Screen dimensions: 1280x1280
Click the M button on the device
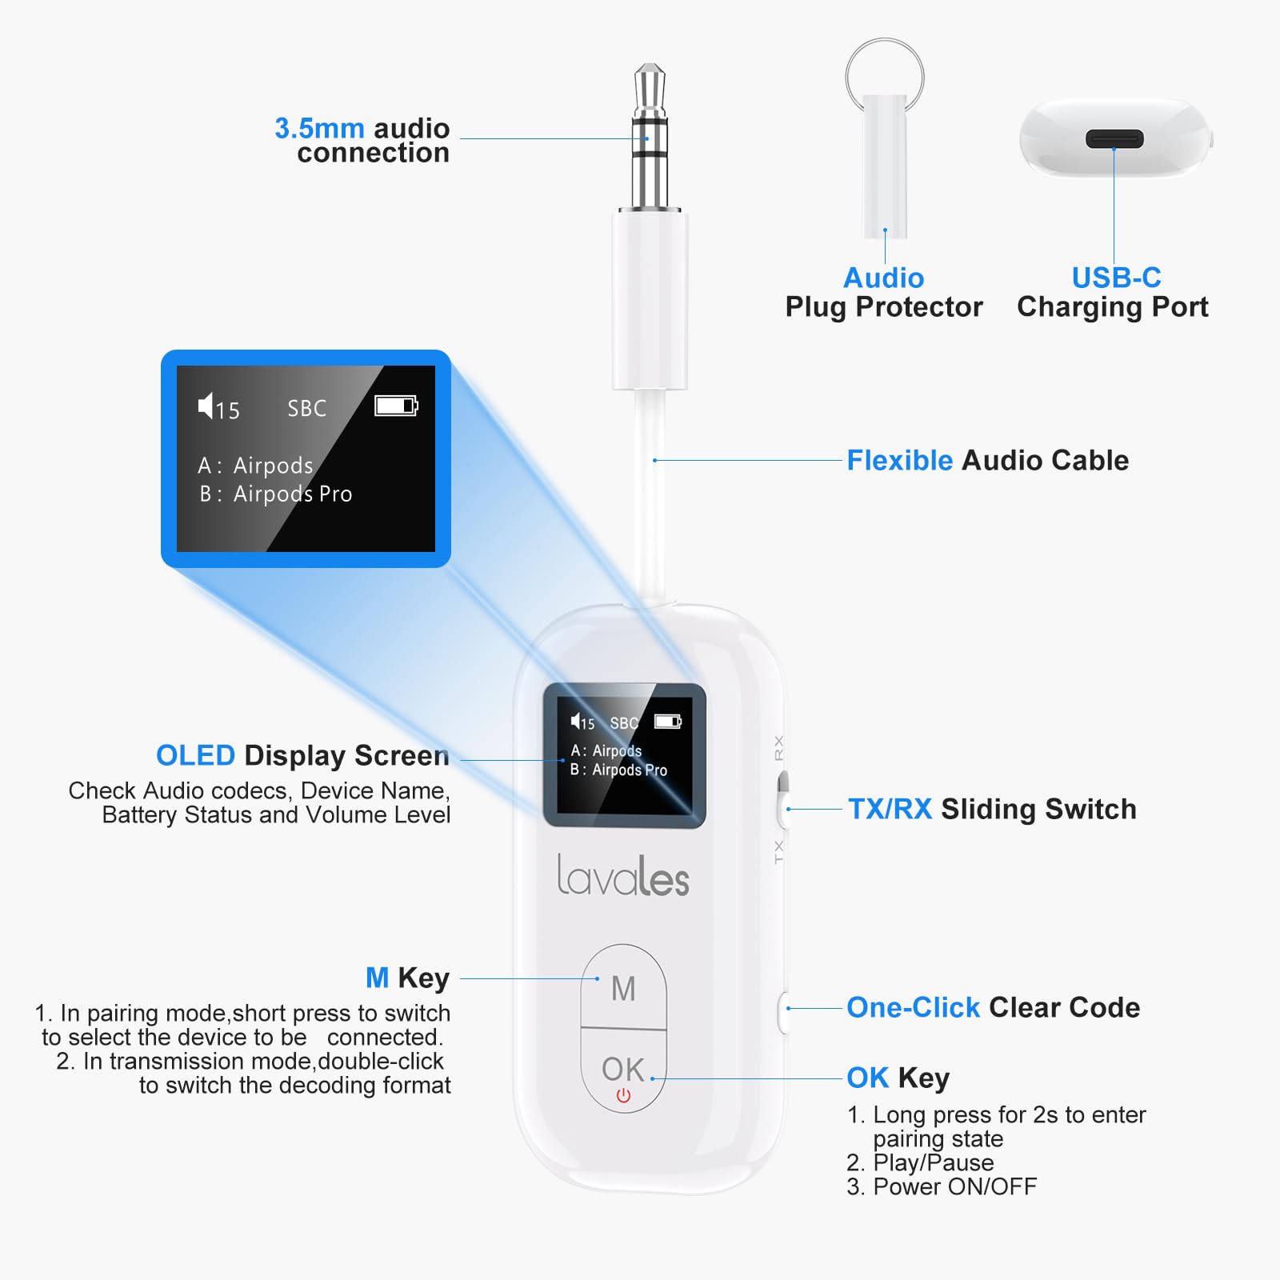point(623,989)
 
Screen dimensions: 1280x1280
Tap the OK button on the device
point(623,1069)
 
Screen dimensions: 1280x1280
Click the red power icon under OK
point(623,1096)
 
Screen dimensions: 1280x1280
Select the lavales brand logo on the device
point(622,876)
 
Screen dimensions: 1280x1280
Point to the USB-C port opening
point(1114,139)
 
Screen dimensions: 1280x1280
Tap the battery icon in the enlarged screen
point(396,406)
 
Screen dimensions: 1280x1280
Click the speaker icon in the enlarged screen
point(206,406)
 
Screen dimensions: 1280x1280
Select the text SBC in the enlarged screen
point(307,409)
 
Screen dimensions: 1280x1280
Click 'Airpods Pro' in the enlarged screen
point(293,494)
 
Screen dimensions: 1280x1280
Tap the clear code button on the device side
point(783,1011)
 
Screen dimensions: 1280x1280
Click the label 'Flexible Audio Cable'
point(987,461)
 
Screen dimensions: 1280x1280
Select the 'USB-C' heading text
point(1116,278)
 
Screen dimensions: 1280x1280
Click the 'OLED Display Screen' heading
point(302,755)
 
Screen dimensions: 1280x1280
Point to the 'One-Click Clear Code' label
point(993,1007)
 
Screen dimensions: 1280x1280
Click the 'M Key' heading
point(407,978)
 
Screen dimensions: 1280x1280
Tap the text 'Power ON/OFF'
point(954,1186)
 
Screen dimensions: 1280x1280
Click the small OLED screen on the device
point(624,754)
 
